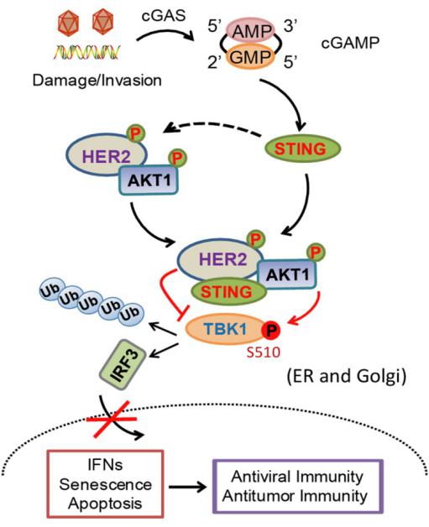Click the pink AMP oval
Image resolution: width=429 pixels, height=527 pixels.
250,31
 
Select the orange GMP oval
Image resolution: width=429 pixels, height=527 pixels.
250,56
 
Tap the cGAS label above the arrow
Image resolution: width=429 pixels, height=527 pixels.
164,15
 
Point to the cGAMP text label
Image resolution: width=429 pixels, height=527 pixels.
350,43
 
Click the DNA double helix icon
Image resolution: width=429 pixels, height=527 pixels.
86,52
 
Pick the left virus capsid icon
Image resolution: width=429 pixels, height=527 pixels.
68,22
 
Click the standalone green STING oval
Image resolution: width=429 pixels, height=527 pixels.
303,149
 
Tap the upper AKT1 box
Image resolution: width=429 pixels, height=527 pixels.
149,180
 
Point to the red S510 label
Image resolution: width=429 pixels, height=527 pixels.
264,352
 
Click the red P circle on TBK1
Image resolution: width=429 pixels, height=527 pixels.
270,331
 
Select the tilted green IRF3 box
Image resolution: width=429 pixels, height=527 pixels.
123,365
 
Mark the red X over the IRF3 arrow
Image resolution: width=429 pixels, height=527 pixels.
112,419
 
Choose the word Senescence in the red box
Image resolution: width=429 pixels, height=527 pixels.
106,485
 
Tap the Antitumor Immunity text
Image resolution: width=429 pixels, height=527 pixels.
295,496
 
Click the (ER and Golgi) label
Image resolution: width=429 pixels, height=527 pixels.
347,377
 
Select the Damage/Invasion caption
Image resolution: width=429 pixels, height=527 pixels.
97,81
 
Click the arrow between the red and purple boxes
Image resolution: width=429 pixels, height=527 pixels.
187,487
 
